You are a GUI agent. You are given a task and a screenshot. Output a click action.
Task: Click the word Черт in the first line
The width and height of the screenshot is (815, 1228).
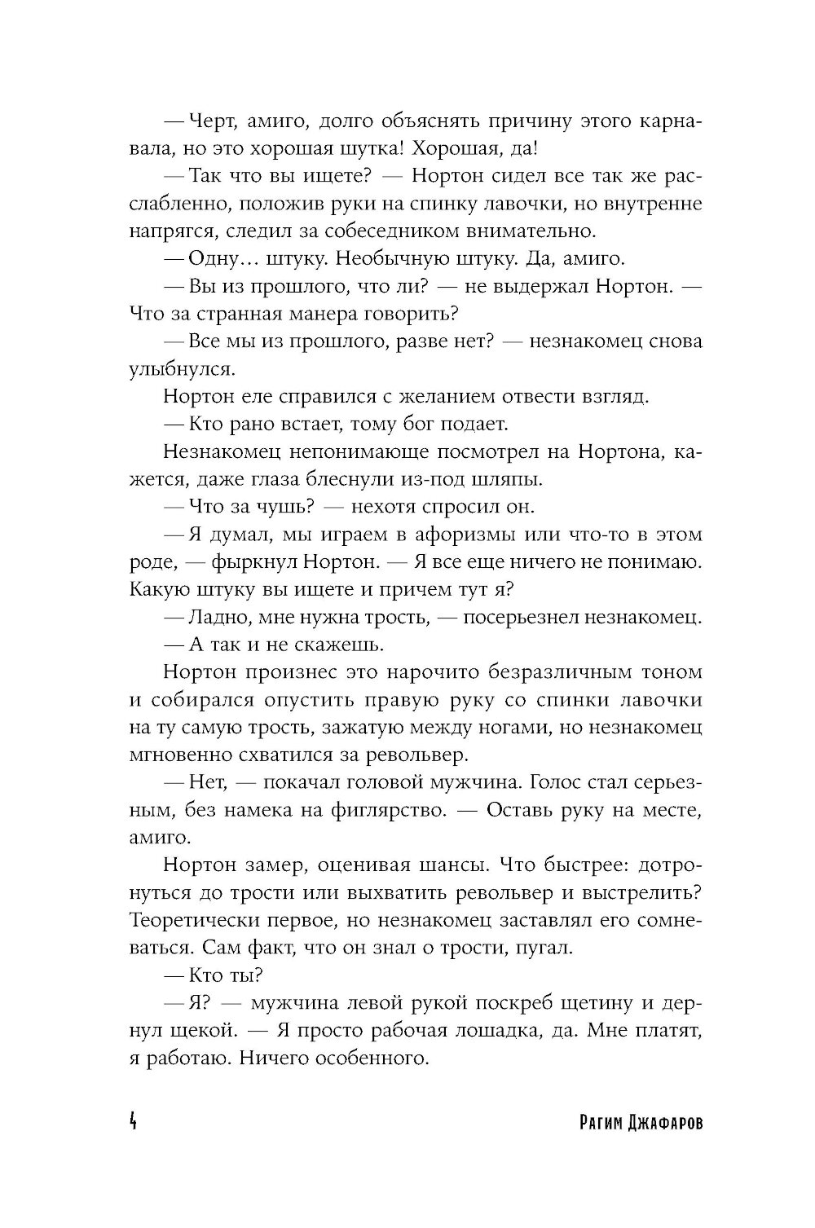(211, 121)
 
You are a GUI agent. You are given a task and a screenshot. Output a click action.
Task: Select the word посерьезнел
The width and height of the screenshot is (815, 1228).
(519, 617)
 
